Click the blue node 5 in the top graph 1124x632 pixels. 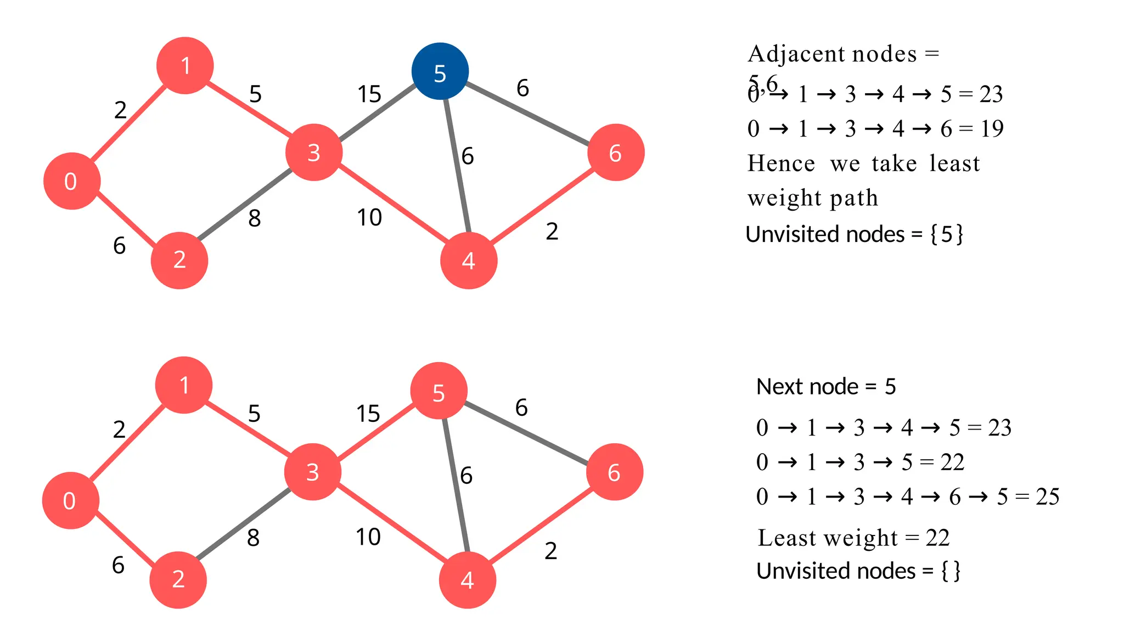tap(440, 71)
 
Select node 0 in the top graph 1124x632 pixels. tap(72, 181)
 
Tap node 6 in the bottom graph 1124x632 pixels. tap(615, 472)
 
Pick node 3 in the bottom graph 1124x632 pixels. tap(313, 472)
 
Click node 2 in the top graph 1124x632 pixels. tap(179, 260)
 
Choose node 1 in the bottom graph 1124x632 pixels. tap(184, 385)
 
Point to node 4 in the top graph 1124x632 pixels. tap(469, 261)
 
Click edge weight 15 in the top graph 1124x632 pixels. tap(369, 94)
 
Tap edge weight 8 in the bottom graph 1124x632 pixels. tap(253, 538)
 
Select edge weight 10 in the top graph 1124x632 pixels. tap(369, 218)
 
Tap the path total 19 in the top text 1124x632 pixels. tap(992, 129)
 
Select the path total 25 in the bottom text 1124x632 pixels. tap(1048, 496)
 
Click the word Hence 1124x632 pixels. tap(781, 163)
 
